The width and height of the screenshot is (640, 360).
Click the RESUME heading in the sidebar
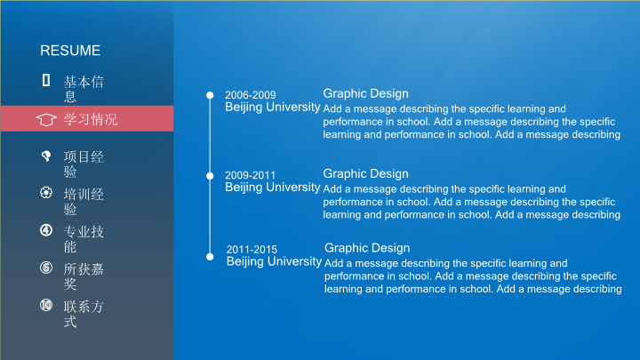70,51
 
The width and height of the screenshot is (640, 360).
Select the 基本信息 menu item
84,89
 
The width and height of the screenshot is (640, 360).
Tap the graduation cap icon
46,120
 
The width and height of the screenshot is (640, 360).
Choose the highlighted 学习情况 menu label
90,120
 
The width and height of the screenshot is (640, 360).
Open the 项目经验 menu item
84,164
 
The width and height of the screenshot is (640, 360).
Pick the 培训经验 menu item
84,202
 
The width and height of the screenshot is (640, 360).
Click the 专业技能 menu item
84,239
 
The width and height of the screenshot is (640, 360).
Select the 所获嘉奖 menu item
84,276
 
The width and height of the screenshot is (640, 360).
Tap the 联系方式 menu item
84,314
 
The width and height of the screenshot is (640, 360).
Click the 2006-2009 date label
250,95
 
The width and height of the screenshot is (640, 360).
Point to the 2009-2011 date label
250,175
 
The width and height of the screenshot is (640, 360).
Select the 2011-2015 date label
252,250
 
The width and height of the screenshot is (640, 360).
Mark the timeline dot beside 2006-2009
210,95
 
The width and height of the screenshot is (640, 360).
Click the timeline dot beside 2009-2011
210,176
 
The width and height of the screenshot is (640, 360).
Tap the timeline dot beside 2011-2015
210,257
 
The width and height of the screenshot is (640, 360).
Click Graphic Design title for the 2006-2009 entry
365,94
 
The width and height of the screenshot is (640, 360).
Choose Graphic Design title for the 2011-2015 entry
367,248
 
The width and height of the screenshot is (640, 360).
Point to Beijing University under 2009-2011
273,188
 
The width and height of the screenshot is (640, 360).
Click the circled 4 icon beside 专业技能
46,230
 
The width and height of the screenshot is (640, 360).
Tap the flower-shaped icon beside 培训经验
46,193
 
